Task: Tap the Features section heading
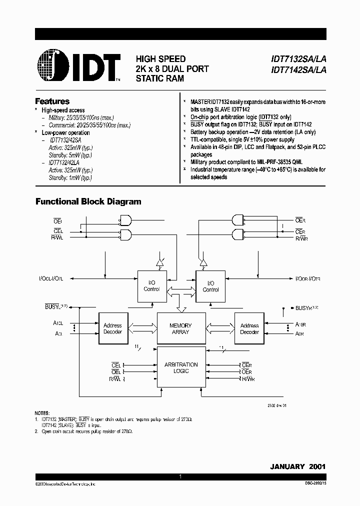pos(52,101)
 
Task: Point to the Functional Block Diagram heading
pos(87,202)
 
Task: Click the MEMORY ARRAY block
pos(180,328)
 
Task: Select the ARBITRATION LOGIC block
pos(180,367)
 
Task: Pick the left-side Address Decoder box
pos(112,328)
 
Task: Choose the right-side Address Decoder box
pos(249,328)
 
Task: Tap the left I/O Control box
pos(151,286)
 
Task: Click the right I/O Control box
pos(210,286)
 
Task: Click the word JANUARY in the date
pos(287,466)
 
